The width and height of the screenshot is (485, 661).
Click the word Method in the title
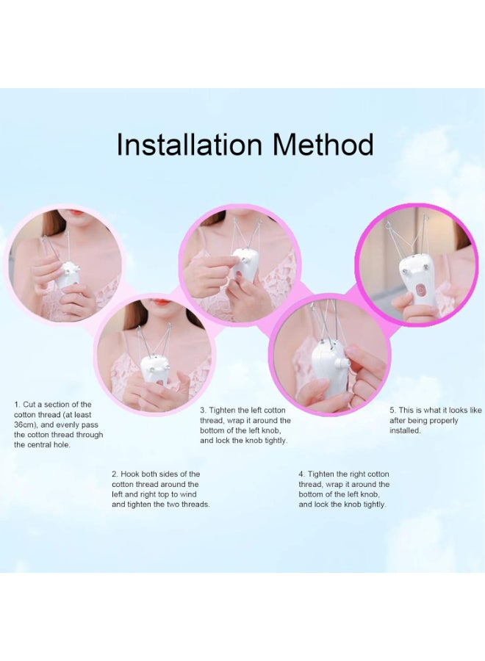(324, 145)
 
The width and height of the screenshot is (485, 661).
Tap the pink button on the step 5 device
(421, 290)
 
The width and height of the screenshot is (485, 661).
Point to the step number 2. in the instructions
(115, 474)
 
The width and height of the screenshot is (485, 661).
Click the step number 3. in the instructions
(204, 410)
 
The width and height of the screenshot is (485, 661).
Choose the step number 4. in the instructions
(302, 474)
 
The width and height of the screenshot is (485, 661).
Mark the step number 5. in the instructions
(392, 410)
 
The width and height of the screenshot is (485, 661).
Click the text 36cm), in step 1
(27, 425)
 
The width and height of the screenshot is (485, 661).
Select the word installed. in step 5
(405, 430)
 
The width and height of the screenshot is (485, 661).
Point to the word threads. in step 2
(194, 505)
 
